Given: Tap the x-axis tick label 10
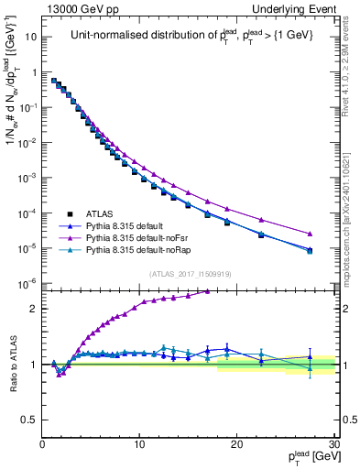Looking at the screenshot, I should (x=139, y=443).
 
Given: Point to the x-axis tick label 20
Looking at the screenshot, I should (x=236, y=443).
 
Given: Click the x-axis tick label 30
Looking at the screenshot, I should (x=333, y=443).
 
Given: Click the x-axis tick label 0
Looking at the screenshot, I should (x=43, y=443).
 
